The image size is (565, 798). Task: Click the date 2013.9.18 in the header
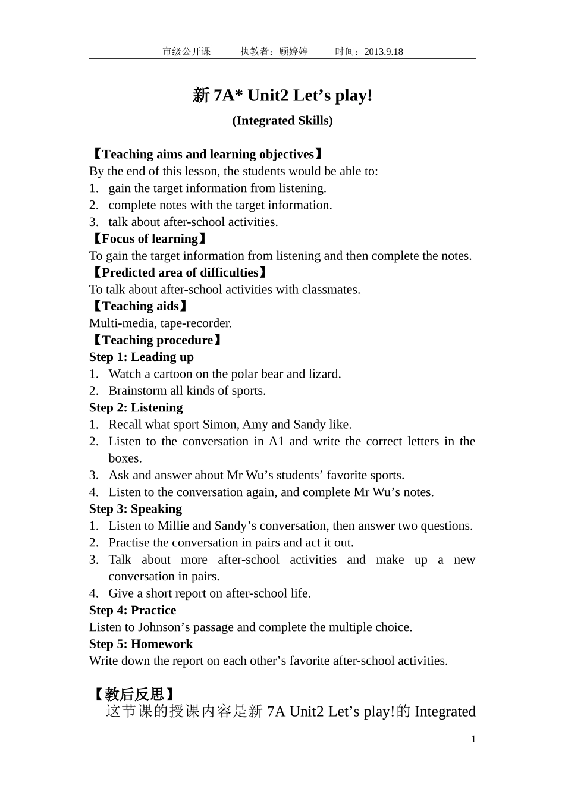click(x=383, y=52)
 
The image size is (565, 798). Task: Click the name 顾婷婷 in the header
click(x=293, y=52)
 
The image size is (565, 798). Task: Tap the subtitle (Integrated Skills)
click(x=282, y=121)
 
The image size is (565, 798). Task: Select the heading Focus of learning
click(x=150, y=239)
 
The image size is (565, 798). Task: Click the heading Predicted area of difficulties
click(x=180, y=273)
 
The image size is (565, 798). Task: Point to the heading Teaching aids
click(x=140, y=307)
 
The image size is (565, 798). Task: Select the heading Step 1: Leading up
click(x=142, y=357)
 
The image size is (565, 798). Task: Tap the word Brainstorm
click(x=137, y=391)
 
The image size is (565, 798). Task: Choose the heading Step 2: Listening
click(x=136, y=408)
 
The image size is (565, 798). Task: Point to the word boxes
click(x=125, y=458)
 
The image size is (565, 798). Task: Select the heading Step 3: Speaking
click(x=136, y=509)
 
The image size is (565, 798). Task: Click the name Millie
click(x=174, y=526)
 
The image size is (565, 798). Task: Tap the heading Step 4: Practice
click(x=133, y=611)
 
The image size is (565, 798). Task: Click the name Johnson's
click(x=162, y=627)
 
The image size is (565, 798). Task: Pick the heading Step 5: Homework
click(x=141, y=644)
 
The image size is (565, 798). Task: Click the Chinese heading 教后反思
click(x=134, y=695)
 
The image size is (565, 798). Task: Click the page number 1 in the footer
click(x=473, y=739)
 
